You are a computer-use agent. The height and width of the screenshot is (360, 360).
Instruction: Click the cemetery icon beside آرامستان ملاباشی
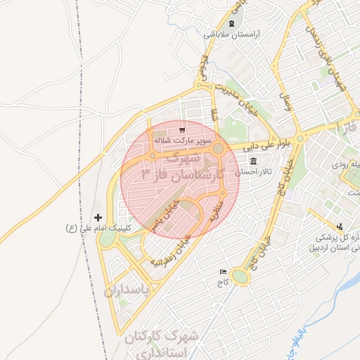pos(231,23)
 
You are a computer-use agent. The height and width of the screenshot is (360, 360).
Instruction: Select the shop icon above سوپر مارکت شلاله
pos(182,130)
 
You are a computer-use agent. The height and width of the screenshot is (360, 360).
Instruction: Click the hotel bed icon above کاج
pos(224,271)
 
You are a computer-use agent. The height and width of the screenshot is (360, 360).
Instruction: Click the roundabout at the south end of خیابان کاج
pos(240,277)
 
